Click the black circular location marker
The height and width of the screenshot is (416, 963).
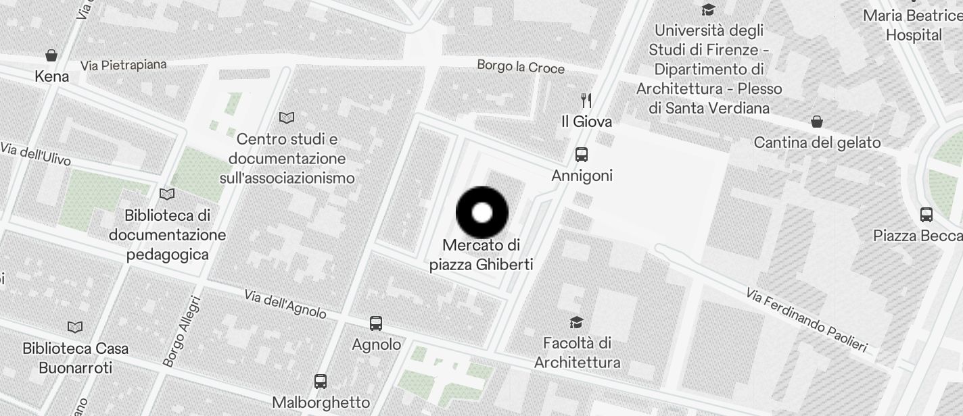[x=482, y=213]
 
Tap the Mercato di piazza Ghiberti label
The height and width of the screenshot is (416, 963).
[x=481, y=255]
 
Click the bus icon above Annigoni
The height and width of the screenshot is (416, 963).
[x=581, y=155]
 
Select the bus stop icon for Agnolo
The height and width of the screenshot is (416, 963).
[x=376, y=323]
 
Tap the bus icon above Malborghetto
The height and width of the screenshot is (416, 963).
[x=321, y=382]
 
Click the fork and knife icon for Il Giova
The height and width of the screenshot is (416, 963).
[x=586, y=101]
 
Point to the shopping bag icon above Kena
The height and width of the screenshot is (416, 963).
[x=51, y=55]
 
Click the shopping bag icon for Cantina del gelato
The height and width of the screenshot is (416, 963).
[x=817, y=122]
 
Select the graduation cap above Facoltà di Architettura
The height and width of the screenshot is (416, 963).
[x=576, y=322]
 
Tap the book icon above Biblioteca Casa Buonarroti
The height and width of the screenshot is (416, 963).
[x=75, y=328]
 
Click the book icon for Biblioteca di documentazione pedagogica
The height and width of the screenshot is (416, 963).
[x=167, y=194]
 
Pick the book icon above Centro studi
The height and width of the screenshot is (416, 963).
[x=287, y=118]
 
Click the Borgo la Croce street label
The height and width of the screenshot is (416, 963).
[x=521, y=66]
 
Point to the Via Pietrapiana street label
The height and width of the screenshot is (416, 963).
[x=123, y=65]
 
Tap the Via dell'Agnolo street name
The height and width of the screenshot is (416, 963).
[x=285, y=304]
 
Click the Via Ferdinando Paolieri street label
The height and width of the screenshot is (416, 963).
[x=806, y=320]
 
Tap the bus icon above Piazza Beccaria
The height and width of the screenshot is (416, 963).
[x=926, y=215]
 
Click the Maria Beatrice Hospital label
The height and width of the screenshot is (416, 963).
[x=913, y=25]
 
